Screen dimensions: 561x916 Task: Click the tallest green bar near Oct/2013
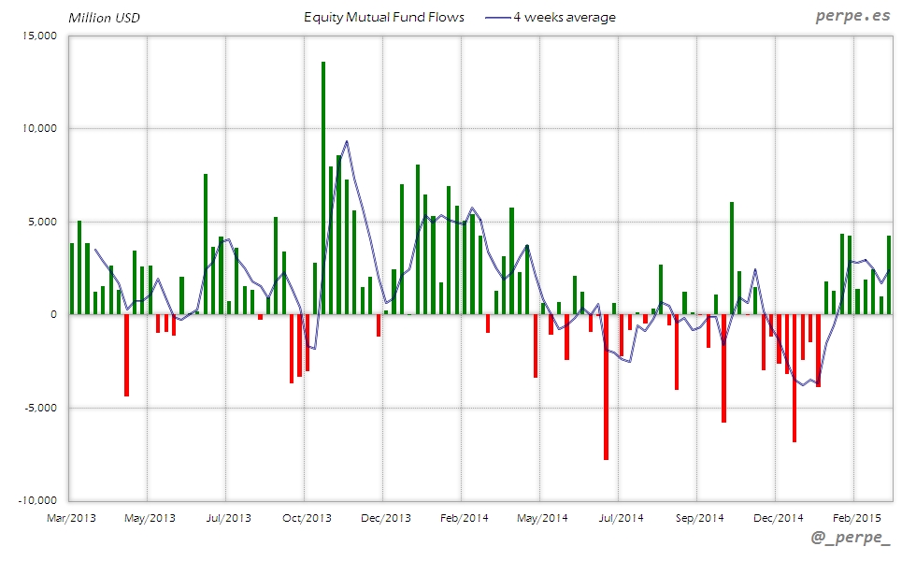[x=323, y=187]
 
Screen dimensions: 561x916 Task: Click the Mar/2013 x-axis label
[x=71, y=517]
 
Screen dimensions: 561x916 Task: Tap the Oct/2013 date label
[x=307, y=517]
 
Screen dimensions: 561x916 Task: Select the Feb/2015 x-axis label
[x=856, y=517]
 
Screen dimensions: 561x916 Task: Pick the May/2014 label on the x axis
[x=542, y=517]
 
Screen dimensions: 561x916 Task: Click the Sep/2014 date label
[x=699, y=517]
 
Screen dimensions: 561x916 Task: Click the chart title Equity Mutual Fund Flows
[x=384, y=18]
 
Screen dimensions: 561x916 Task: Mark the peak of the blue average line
[x=347, y=141]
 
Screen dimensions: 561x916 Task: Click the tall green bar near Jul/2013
[x=206, y=243]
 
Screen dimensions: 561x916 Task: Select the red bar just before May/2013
[x=127, y=355]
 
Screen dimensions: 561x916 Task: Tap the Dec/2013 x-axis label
[x=385, y=517]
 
